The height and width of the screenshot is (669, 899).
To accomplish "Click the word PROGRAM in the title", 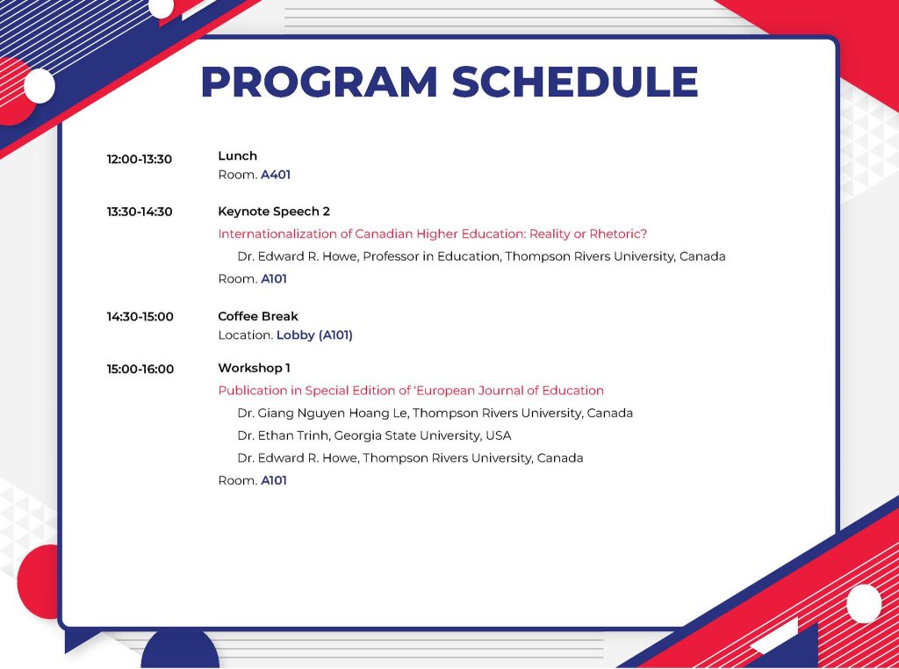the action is click(x=320, y=82).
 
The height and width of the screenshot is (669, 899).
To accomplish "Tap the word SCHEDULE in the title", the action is click(x=575, y=82).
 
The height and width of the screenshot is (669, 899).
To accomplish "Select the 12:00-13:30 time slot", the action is click(x=140, y=160).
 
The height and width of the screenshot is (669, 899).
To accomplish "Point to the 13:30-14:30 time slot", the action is click(x=140, y=212).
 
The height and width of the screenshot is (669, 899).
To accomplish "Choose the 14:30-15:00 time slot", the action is click(x=140, y=316).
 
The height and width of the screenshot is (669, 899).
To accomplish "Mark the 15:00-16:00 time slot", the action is click(x=140, y=370).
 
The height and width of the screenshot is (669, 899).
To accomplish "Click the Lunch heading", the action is click(x=237, y=156).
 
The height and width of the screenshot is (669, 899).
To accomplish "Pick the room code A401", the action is click(x=276, y=174).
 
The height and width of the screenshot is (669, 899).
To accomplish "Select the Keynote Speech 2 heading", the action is click(x=274, y=212).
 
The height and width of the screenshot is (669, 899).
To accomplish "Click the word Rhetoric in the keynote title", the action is click(x=618, y=234).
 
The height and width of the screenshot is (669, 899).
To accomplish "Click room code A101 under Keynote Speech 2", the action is click(x=274, y=278).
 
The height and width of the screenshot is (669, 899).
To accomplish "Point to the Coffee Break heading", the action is click(x=258, y=316).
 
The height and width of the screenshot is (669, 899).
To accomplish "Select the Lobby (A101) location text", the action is click(x=314, y=334).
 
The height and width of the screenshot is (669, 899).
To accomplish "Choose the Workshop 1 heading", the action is click(x=254, y=368).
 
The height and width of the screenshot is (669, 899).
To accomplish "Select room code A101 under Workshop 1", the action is click(x=274, y=480).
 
